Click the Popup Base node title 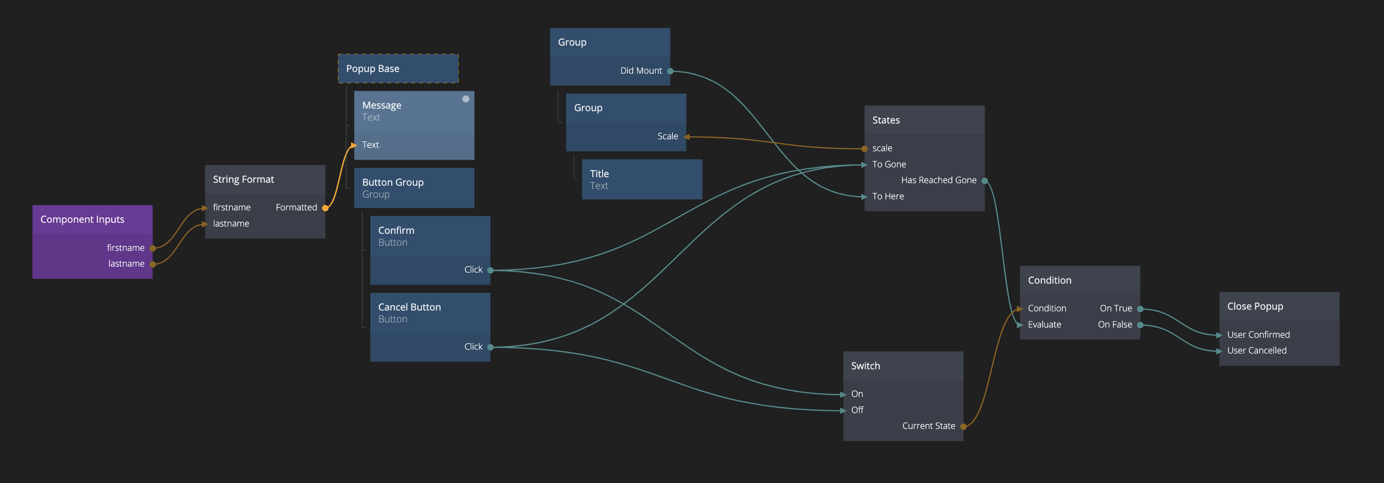coord(373,69)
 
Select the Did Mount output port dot coord(670,71)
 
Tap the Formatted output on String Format coord(297,207)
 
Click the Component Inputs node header coord(82,219)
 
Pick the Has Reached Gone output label coord(939,180)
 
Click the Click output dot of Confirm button coord(490,270)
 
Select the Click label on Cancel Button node coord(473,347)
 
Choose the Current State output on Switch coord(928,426)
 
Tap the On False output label coord(1115,325)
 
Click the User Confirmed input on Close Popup coord(1258,335)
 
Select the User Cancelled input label coord(1257,350)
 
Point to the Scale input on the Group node coord(668,136)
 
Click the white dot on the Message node coord(466,99)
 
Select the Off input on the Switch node coord(857,410)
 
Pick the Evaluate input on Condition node coord(1044,325)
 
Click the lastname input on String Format coord(231,224)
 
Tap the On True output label coord(1116,308)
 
